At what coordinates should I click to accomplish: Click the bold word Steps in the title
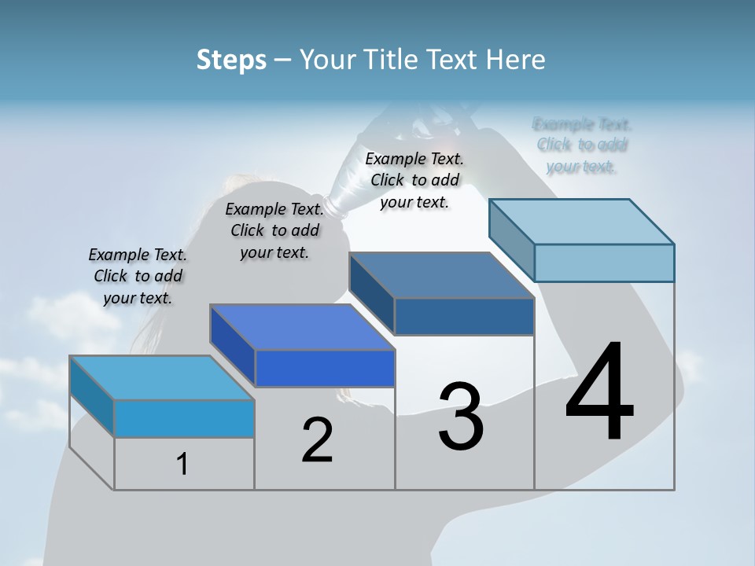[231, 60]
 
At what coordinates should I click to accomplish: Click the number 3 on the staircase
[461, 417]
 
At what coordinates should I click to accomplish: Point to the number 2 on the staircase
[317, 440]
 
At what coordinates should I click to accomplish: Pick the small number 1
[182, 464]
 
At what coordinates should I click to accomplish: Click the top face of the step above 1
[161, 377]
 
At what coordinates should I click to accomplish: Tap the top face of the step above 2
[302, 326]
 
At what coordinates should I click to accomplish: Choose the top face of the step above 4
[582, 221]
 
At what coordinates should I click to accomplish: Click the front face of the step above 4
[604, 263]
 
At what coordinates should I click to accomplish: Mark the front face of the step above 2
[325, 368]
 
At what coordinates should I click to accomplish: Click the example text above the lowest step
[138, 276]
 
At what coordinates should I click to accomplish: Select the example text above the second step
[274, 230]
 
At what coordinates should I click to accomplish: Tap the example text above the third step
[414, 180]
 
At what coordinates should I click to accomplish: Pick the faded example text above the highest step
[582, 145]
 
